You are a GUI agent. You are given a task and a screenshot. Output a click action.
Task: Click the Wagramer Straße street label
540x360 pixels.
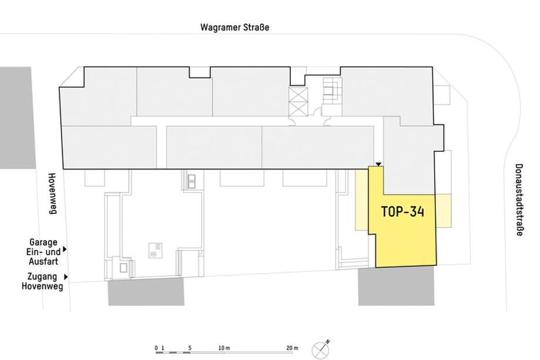click(235, 28)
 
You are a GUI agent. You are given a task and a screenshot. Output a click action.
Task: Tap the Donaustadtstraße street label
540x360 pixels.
click(519, 200)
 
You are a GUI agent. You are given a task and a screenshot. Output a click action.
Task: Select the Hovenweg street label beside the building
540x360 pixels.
click(52, 194)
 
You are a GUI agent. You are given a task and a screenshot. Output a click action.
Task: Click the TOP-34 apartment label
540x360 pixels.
click(403, 211)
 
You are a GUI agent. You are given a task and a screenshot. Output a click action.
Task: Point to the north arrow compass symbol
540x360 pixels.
click(321, 349)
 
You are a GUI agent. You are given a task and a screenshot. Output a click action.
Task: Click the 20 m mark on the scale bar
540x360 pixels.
click(292, 348)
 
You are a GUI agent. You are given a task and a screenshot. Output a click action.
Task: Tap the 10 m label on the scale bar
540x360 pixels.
click(224, 348)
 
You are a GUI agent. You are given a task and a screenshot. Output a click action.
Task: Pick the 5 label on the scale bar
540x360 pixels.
click(190, 348)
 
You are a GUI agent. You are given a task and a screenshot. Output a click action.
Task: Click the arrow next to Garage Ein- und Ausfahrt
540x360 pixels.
click(65, 250)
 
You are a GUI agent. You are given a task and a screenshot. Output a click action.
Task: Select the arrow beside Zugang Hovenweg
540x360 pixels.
click(66, 277)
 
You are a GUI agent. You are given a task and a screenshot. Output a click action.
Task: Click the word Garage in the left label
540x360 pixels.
click(43, 243)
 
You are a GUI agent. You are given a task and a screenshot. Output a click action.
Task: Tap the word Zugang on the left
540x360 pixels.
click(42, 277)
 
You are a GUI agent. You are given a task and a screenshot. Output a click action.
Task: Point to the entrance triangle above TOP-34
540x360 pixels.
click(379, 164)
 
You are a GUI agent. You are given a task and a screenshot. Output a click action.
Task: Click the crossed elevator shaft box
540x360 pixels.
click(298, 102)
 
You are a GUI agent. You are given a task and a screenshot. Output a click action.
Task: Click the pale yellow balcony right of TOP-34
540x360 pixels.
click(443, 211)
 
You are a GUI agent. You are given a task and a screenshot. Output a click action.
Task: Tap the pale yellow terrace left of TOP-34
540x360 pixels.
click(362, 200)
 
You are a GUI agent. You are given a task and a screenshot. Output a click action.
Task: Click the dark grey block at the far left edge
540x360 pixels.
click(17, 118)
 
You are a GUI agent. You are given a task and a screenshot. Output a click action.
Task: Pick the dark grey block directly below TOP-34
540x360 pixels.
click(396, 286)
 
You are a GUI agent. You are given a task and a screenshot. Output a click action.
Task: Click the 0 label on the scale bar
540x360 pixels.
click(156, 348)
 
